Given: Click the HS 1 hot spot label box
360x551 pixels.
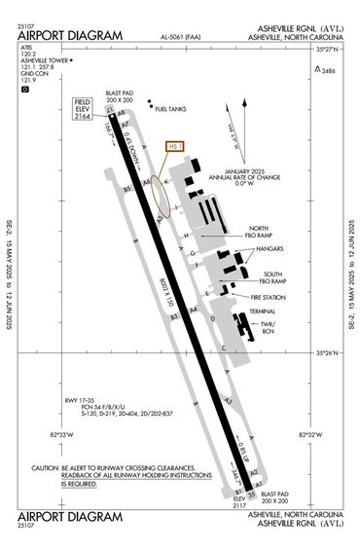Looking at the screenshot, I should point(176,147).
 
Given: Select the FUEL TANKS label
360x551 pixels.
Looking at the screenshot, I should point(172,109).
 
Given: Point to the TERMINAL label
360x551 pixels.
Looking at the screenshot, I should point(263,312).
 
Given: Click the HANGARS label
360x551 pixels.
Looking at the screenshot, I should point(270,249).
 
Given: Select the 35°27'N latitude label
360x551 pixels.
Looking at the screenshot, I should point(330,48).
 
